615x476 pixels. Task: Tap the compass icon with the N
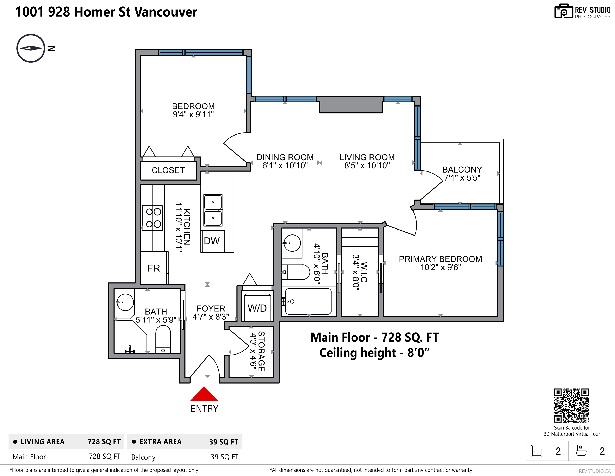click(31, 48)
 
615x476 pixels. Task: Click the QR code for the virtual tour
click(571, 405)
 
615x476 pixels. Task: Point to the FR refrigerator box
click(154, 268)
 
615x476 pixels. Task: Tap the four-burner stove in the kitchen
click(152, 218)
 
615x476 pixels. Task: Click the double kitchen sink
click(213, 210)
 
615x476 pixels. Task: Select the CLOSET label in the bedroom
click(168, 170)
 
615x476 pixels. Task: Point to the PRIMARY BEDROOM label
click(440, 259)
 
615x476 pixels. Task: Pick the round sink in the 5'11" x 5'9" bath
click(125, 302)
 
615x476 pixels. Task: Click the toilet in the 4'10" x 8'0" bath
click(296, 272)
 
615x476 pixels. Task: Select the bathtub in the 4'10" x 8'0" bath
click(308, 301)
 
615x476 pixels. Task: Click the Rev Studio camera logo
click(564, 11)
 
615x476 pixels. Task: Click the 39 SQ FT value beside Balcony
click(224, 457)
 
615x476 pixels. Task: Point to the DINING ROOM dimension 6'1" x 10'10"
click(285, 165)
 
